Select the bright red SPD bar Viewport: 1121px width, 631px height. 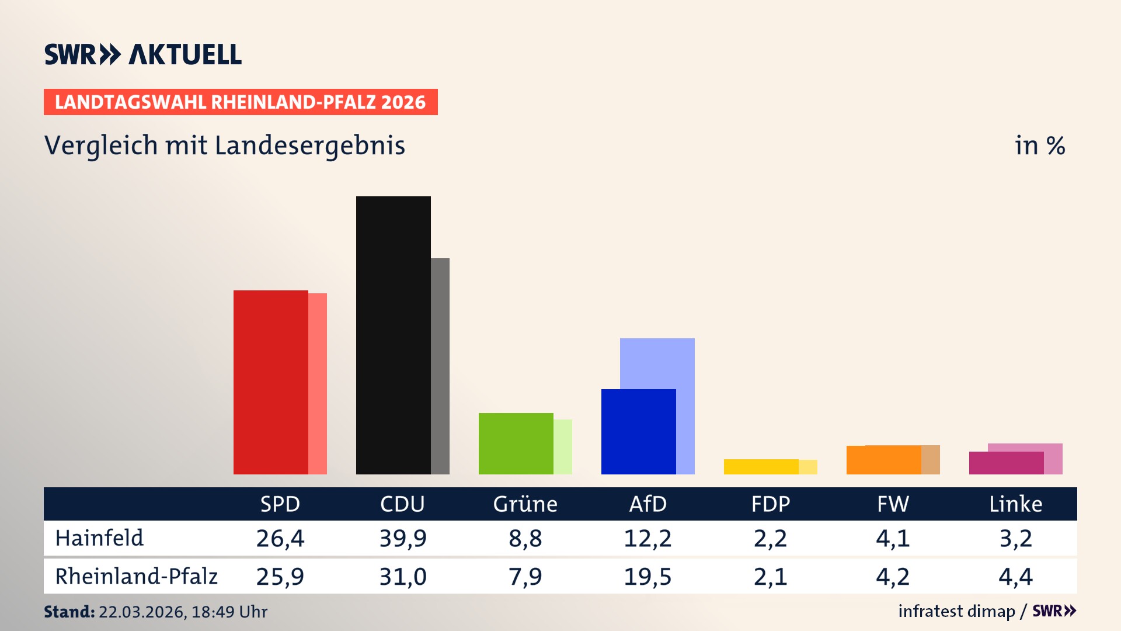click(x=270, y=382)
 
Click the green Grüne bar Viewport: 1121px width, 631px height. click(x=516, y=443)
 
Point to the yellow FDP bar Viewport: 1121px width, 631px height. click(x=761, y=467)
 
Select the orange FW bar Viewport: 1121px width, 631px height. click(x=883, y=460)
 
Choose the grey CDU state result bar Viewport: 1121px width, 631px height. click(x=440, y=365)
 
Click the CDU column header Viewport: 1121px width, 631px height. click(x=402, y=504)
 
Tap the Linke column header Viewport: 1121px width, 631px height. click(x=1015, y=504)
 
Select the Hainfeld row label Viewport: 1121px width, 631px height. click(x=99, y=538)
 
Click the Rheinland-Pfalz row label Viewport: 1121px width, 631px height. click(x=136, y=577)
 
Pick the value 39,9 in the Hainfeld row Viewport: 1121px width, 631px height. click(x=402, y=538)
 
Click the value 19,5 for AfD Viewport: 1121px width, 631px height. click(x=647, y=577)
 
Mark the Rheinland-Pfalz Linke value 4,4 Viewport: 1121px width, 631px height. click(x=1015, y=577)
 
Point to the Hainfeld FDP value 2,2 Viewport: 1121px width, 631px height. click(x=770, y=538)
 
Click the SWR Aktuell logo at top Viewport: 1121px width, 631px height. click(x=143, y=54)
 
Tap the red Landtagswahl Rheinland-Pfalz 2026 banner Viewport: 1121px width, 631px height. click(x=241, y=102)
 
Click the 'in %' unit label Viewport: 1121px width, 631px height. click(x=1039, y=145)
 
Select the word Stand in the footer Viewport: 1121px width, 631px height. click(x=68, y=612)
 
